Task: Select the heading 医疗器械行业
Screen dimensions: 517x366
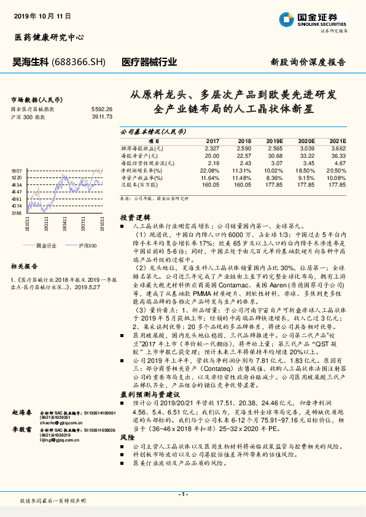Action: pyautogui.click(x=150, y=62)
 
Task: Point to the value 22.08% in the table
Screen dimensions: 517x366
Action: pyautogui.click(x=210, y=170)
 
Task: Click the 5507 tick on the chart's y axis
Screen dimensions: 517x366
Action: pyautogui.click(x=17, y=170)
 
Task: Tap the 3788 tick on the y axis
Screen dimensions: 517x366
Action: pyautogui.click(x=17, y=212)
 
